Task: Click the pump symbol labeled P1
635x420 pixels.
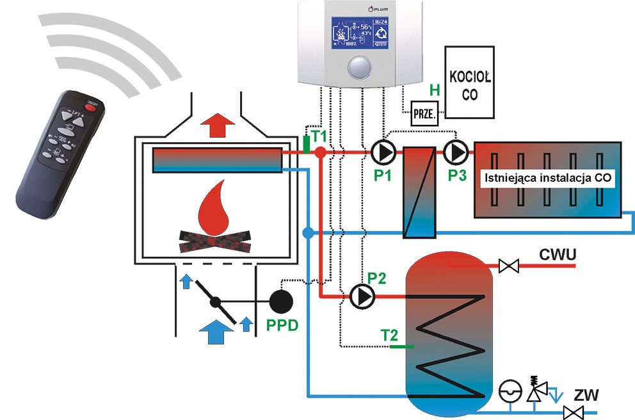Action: tap(382, 152)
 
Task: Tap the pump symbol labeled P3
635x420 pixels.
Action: tap(454, 152)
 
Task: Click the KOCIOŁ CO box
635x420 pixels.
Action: tap(469, 82)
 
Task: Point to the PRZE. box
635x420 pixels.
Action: tap(425, 114)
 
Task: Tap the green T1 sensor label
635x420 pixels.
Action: tap(319, 136)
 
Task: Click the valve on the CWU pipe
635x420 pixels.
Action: tap(509, 264)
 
